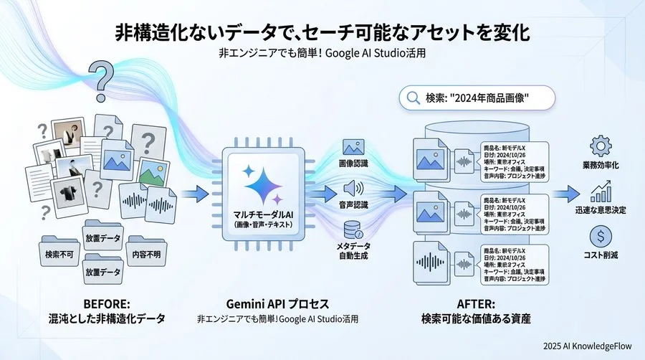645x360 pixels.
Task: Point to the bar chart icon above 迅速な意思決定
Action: [x=600, y=191]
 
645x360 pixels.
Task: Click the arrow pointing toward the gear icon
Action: [x=566, y=192]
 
